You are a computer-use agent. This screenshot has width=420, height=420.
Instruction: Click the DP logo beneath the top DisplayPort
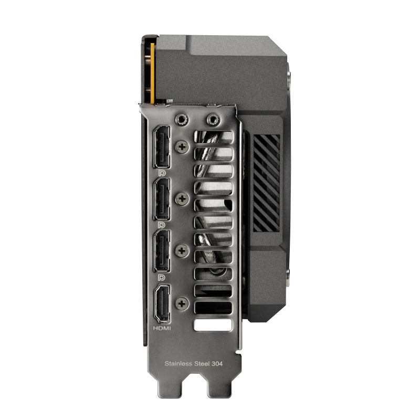tap(161, 172)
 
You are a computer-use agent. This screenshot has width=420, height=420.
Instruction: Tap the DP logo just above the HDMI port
tap(161, 276)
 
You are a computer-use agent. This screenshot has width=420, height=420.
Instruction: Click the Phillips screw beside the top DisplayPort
tap(183, 147)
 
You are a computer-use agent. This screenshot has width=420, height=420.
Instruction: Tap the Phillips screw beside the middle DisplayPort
tap(183, 198)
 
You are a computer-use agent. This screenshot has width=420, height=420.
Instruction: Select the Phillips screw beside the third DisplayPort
tap(183, 249)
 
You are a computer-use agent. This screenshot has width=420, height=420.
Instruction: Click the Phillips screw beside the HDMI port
tap(183, 303)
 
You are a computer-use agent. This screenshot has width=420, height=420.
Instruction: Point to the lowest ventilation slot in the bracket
tap(213, 325)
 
